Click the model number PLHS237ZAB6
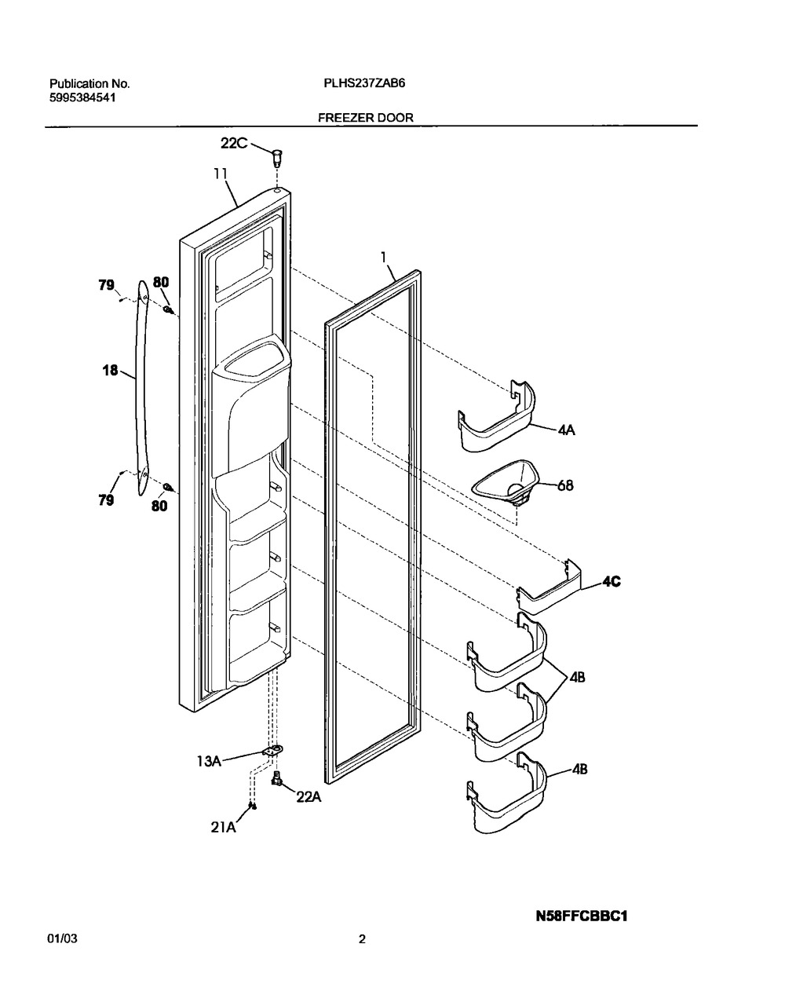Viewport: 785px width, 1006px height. [364, 83]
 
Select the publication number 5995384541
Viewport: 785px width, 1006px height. [82, 97]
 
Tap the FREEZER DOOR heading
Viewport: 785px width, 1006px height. [366, 118]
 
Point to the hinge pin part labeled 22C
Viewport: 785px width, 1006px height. [278, 159]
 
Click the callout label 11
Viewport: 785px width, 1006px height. [221, 174]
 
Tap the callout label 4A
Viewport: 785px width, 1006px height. [566, 430]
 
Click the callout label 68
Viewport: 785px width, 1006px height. [565, 485]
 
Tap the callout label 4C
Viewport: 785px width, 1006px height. [612, 581]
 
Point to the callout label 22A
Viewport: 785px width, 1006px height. [309, 797]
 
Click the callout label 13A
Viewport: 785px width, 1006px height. [209, 761]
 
